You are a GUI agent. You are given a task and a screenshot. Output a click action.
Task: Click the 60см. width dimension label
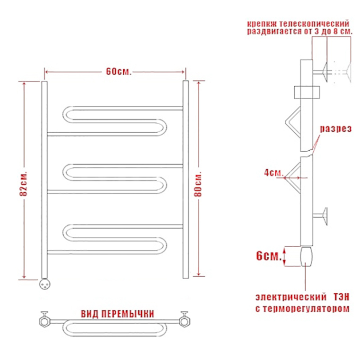pos(119,72)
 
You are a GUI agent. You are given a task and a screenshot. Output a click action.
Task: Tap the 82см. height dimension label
pos(24,183)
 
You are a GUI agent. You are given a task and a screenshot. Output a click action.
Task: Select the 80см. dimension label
pos(198,184)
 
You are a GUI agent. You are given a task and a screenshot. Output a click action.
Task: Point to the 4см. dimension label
pos(274,172)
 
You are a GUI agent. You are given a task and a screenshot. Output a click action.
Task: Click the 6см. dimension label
pos(269,256)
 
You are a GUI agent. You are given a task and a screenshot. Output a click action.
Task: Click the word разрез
pos(335,129)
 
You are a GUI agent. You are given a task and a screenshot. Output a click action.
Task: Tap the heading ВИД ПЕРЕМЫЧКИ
pos(117,314)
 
